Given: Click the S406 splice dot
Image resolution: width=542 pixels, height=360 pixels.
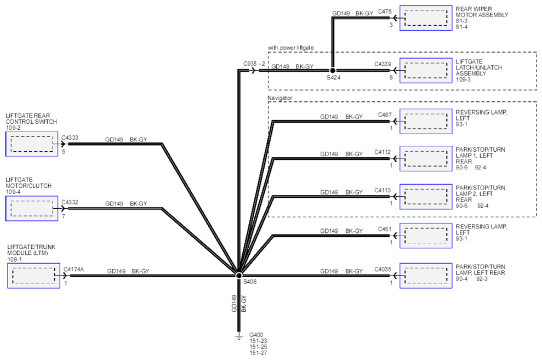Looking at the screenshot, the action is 238,276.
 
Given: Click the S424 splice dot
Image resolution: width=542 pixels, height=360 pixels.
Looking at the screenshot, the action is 333,71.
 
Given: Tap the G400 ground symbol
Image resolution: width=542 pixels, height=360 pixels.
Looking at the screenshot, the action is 238,335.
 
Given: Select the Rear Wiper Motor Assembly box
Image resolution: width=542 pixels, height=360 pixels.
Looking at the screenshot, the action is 426,18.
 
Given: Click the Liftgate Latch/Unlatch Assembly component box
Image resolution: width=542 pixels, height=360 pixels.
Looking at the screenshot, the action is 426,71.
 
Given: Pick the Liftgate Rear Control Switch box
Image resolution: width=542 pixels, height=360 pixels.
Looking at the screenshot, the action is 32,144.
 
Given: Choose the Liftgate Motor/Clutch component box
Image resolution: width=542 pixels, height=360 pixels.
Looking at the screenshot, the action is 32,208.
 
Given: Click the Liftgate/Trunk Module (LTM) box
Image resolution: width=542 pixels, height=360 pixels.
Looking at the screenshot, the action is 33,276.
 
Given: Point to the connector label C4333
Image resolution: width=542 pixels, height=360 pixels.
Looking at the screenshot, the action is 70,138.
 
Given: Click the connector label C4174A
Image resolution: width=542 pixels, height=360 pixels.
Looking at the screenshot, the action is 73,269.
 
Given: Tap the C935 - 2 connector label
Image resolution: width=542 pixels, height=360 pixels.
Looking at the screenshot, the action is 254,64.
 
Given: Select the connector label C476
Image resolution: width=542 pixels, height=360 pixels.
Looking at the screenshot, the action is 385,12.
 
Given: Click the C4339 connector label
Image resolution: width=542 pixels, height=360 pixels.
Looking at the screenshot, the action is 383,64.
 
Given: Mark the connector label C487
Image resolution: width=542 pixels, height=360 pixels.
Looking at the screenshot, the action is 385,115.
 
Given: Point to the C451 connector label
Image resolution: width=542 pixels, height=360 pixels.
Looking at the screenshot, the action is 385,229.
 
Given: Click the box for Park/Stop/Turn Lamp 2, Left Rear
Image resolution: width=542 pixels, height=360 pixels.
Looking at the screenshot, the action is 426,197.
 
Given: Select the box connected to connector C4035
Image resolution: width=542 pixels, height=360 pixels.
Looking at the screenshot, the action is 426,276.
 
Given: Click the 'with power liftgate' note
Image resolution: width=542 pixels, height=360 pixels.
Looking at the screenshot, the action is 290,48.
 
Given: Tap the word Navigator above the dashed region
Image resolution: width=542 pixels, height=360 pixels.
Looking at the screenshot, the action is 279,98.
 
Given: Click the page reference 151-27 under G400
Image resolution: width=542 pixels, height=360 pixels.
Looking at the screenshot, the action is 258,353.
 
